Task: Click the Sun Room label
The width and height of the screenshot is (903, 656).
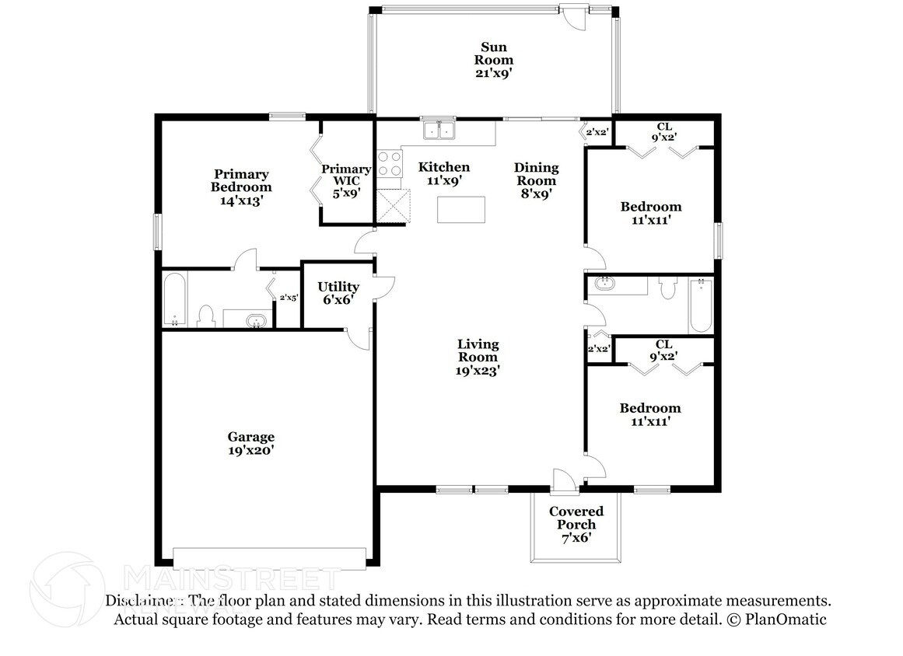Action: (x=494, y=54)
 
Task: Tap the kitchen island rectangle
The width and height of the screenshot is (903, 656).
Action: (x=460, y=209)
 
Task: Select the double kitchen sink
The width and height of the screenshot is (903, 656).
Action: (x=439, y=130)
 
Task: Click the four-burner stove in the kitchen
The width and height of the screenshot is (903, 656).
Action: (x=390, y=163)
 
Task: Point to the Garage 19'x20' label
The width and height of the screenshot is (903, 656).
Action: (x=250, y=443)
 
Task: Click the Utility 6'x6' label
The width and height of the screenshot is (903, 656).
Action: (x=338, y=293)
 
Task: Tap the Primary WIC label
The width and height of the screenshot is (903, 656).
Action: (x=346, y=175)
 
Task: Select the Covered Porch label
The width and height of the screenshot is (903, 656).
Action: (x=576, y=518)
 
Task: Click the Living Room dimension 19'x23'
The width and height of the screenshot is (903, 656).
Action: (x=478, y=371)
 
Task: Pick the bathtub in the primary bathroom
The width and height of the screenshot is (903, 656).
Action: (x=174, y=299)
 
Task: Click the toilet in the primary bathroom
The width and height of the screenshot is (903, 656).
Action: (x=205, y=316)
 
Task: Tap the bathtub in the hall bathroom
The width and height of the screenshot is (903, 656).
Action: (x=702, y=305)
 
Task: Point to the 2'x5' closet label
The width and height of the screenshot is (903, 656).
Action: (x=289, y=298)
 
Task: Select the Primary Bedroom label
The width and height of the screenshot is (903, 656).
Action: (x=241, y=180)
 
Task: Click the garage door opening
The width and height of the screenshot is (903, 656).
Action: (x=270, y=557)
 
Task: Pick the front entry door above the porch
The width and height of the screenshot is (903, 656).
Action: (x=565, y=482)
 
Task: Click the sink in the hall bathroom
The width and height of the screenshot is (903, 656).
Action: (x=604, y=284)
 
